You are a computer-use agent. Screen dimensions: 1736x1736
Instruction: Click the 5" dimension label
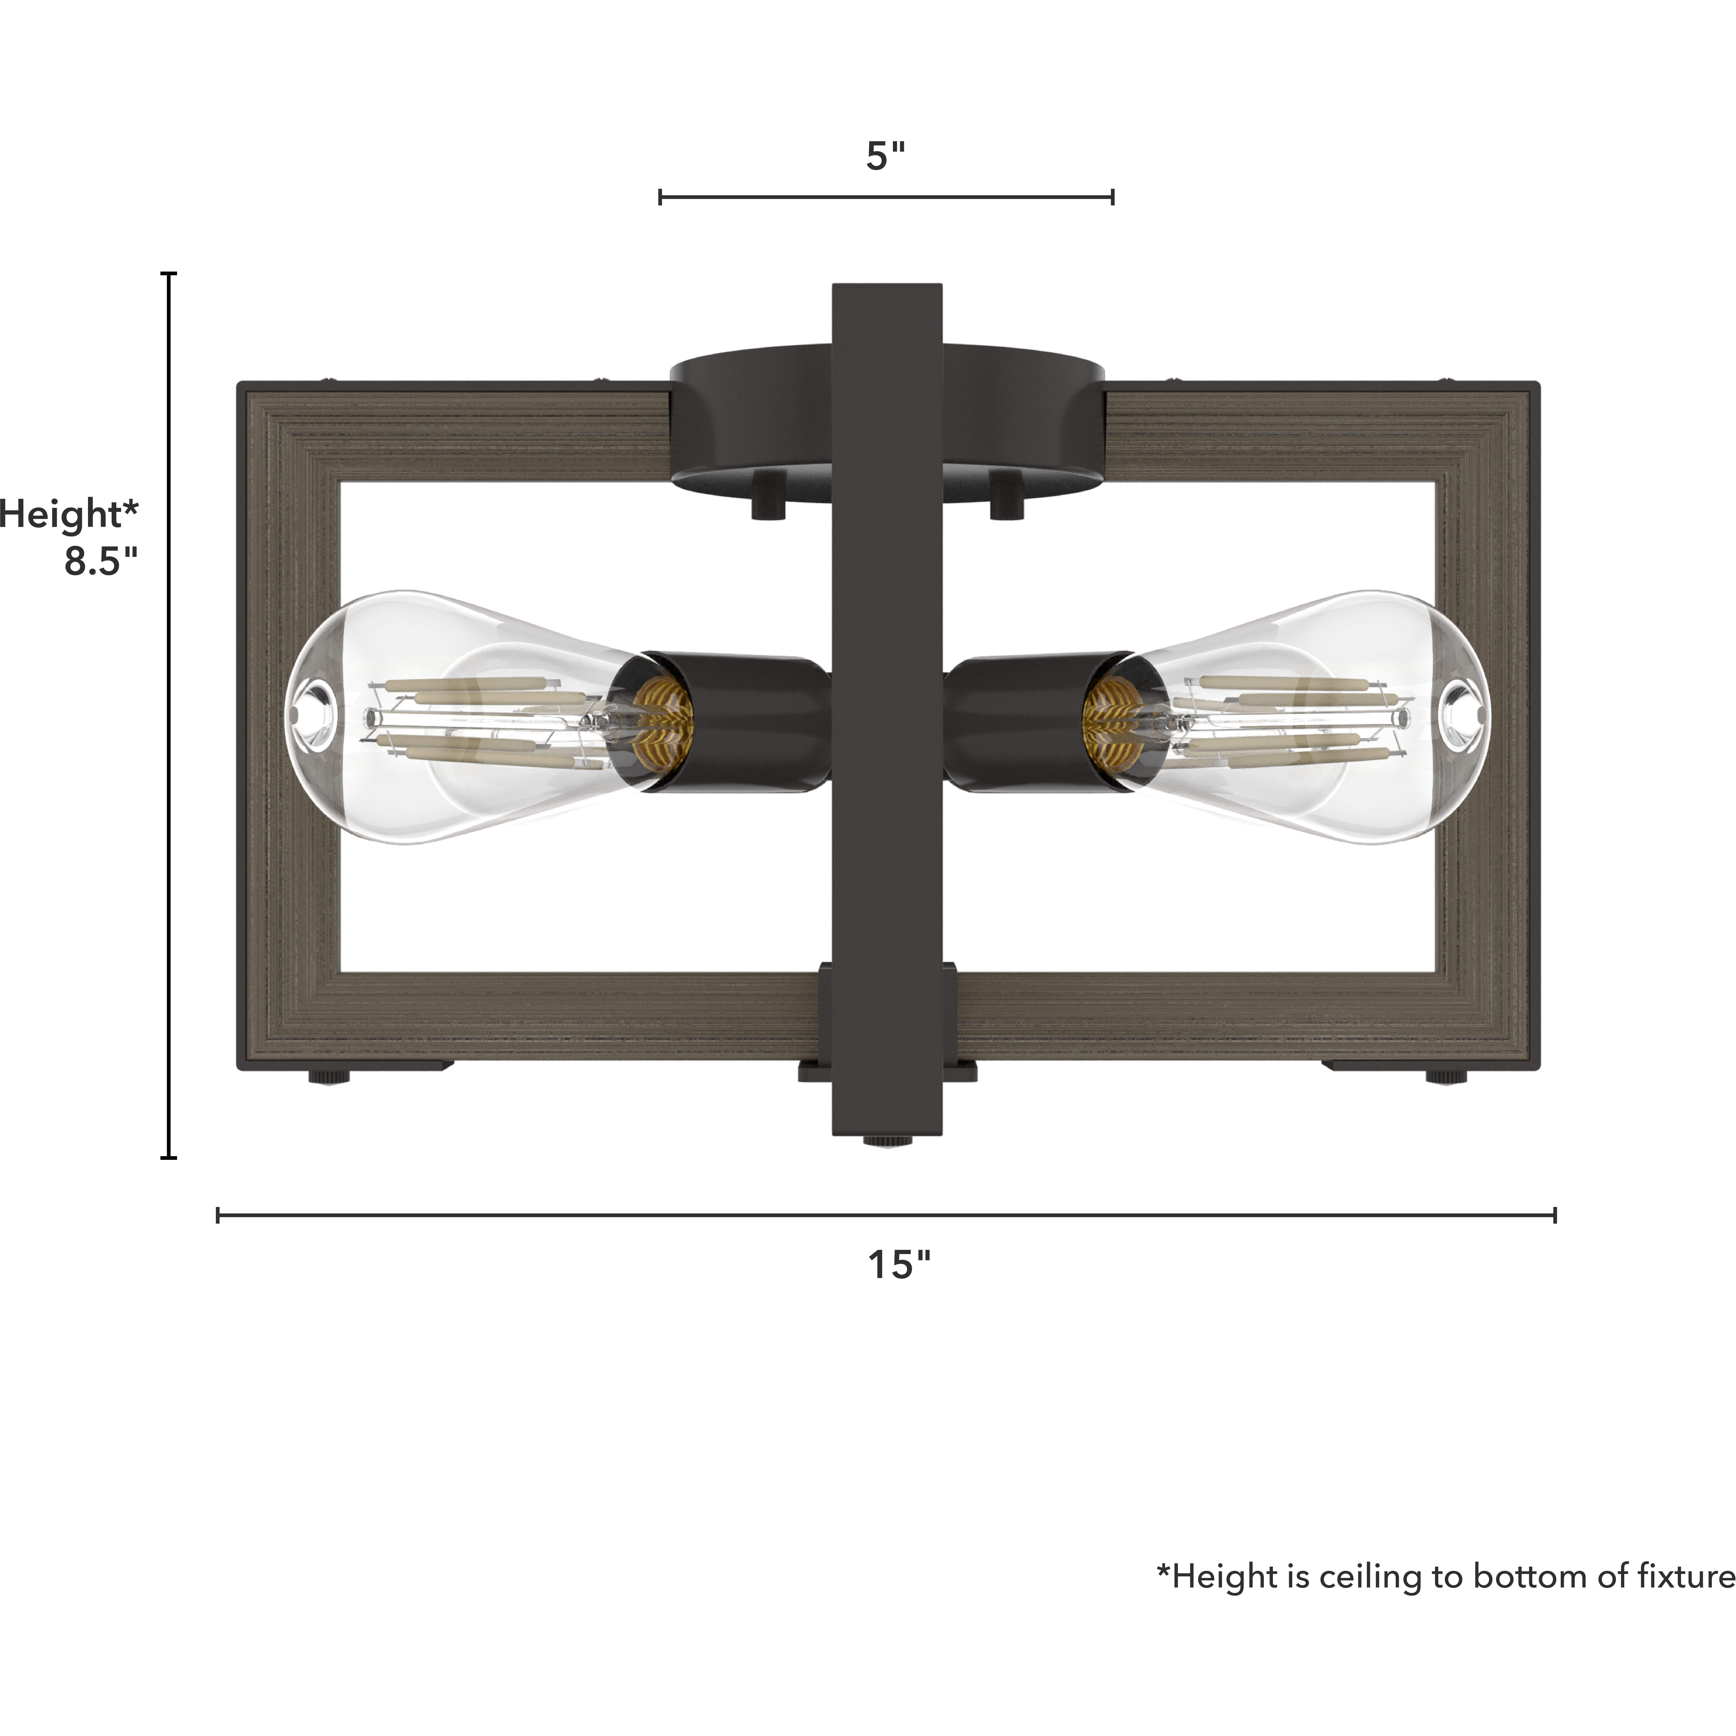(x=885, y=156)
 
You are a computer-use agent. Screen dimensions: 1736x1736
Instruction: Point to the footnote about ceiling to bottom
(x=1445, y=1576)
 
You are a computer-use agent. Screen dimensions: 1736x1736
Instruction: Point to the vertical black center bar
(x=887, y=719)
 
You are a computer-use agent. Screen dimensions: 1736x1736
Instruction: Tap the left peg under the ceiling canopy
(x=768, y=499)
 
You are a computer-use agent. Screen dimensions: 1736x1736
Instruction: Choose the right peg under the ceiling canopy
(x=1006, y=499)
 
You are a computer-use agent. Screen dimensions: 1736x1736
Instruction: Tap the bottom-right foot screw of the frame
(x=1447, y=1076)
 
